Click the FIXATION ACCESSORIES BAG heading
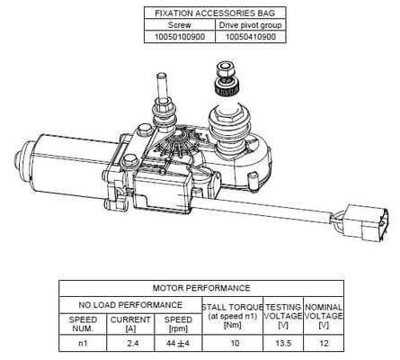[215, 13]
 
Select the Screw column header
[180, 25]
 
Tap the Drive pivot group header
[251, 25]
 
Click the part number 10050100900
[180, 37]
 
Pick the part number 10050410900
[251, 37]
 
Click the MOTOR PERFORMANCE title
[201, 288]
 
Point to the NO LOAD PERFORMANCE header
[130, 305]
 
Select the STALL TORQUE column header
[232, 316]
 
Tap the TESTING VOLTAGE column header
[283, 316]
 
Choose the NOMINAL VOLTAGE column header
[324, 316]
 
